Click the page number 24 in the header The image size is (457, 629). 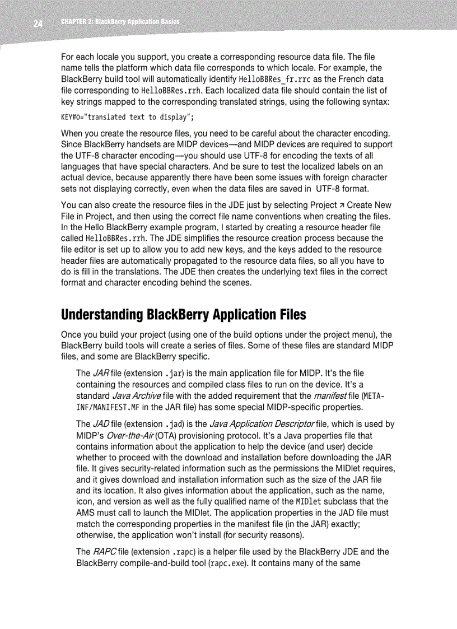[38, 24]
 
